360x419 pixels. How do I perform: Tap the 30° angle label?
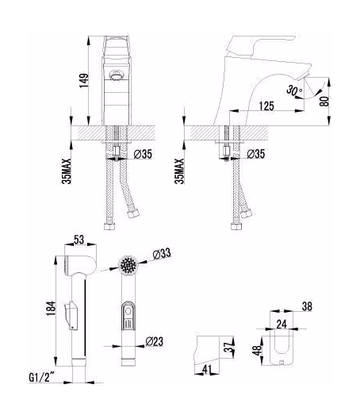(x=295, y=91)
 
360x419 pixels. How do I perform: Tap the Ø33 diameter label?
(x=163, y=254)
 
